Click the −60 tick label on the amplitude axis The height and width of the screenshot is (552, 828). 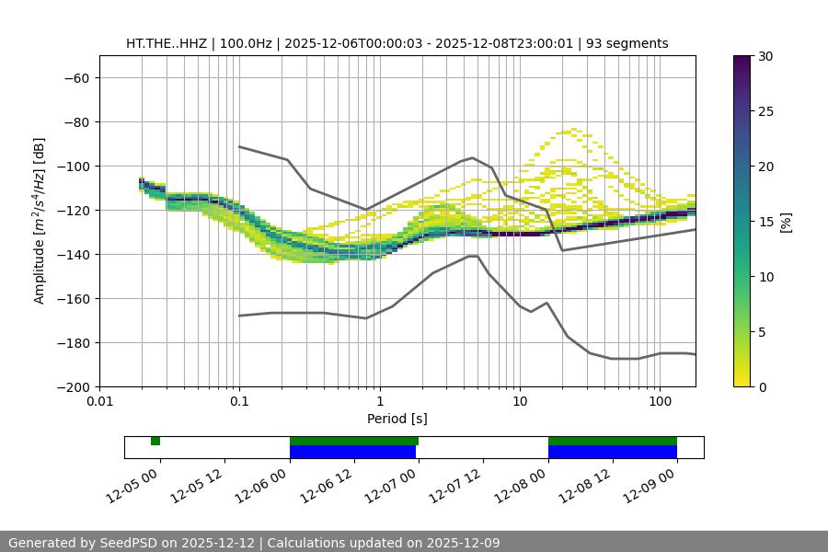[x=75, y=78]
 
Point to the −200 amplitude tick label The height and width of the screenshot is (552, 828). [x=72, y=387]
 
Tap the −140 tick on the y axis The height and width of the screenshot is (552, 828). [x=72, y=255]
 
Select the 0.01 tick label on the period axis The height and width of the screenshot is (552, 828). [x=99, y=402]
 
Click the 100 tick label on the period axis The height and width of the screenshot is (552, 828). [x=660, y=402]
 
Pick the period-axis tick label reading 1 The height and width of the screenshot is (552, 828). [x=379, y=402]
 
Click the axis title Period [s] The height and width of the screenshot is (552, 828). [x=397, y=419]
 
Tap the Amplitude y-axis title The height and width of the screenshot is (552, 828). [x=40, y=221]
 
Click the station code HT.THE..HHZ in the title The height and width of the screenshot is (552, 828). [x=167, y=43]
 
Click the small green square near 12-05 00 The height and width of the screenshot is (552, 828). [x=155, y=441]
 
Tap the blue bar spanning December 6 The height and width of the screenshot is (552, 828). [x=353, y=452]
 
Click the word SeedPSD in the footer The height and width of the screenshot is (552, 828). [x=133, y=543]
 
